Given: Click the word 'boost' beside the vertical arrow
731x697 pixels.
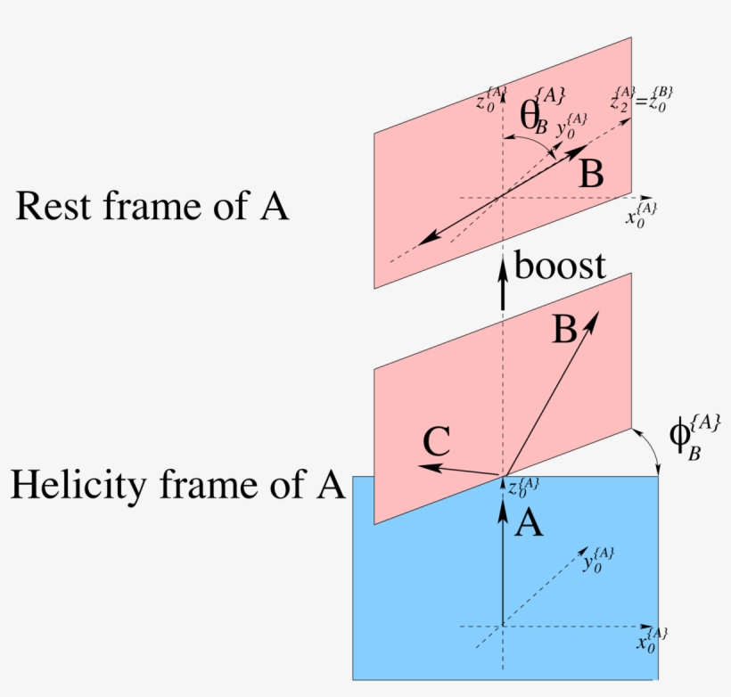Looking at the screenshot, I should [x=561, y=266].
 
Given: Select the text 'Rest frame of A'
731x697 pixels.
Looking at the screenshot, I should [x=152, y=207].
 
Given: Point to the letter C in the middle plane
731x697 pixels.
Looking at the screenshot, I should [x=435, y=442].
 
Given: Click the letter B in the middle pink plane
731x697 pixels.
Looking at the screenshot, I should [x=563, y=332].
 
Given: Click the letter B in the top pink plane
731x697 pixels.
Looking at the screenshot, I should [x=590, y=175].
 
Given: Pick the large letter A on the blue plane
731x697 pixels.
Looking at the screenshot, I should [x=529, y=525].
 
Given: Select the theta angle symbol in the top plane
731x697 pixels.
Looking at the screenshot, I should [x=533, y=118].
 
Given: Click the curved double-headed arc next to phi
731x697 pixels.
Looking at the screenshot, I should [x=650, y=450].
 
